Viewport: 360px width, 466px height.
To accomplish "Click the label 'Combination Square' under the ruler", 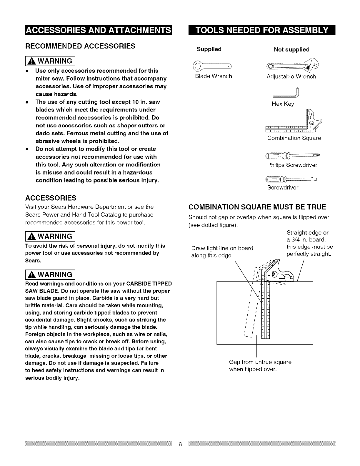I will tap(294, 138).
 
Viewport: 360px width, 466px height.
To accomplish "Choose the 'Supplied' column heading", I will tap(209, 49).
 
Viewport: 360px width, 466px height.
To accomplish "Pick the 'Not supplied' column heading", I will tap(291, 49).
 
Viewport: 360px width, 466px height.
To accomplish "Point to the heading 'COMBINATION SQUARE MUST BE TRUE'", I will tap(257, 207).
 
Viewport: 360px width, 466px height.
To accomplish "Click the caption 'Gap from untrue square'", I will tap(260, 362).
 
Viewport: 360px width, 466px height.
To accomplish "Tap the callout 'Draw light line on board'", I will tap(222, 248).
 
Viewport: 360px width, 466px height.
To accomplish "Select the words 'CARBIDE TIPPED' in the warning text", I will tap(150, 284).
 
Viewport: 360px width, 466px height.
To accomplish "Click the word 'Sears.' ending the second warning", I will tap(32, 261).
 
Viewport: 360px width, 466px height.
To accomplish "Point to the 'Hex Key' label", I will tap(283, 104).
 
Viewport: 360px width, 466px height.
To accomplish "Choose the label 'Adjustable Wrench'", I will tap(291, 76).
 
